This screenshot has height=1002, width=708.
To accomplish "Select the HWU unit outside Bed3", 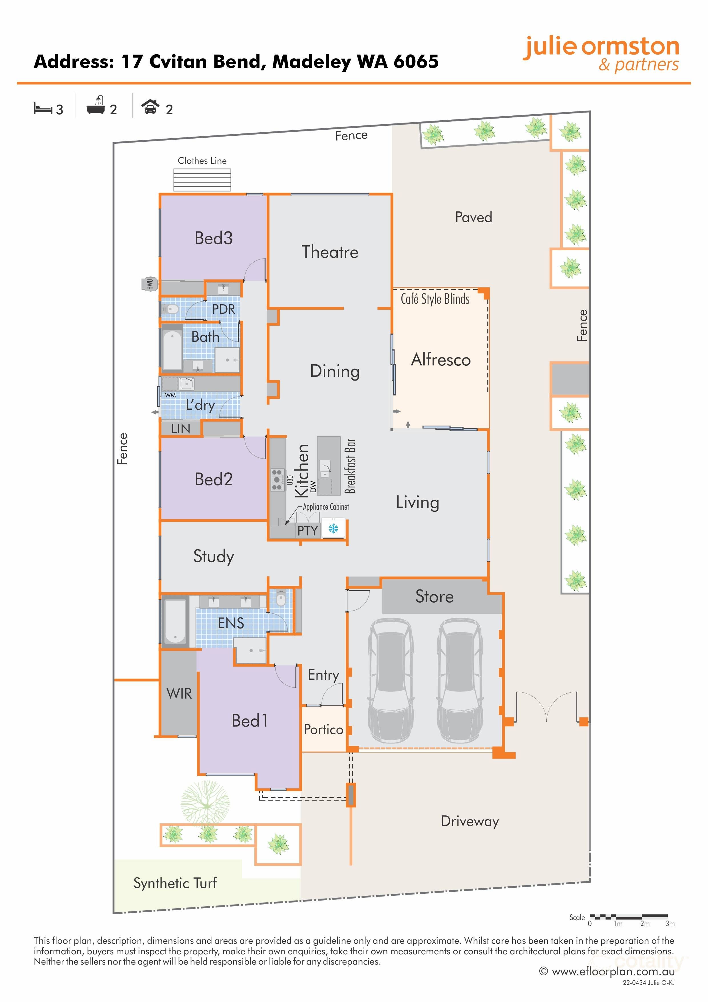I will (150, 284).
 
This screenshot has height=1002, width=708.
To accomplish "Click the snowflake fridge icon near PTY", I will (333, 529).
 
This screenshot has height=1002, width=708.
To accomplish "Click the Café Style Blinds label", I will (435, 299).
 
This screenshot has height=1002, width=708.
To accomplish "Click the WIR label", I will (179, 693).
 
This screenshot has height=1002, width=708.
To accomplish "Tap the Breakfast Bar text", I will (350, 466).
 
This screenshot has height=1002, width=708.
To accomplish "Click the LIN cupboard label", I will (180, 429).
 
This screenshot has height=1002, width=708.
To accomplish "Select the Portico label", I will (323, 729).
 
